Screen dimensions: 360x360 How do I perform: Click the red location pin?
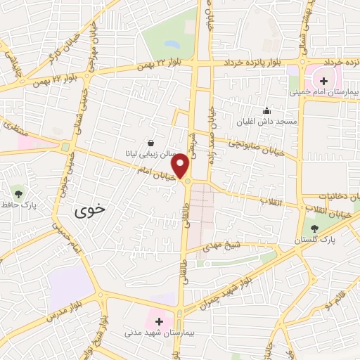[181, 166]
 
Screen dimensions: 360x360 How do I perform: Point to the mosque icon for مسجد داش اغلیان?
[266, 110]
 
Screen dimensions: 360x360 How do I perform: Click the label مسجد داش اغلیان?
[267, 122]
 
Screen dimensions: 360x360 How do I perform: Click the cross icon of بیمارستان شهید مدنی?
[160, 321]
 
